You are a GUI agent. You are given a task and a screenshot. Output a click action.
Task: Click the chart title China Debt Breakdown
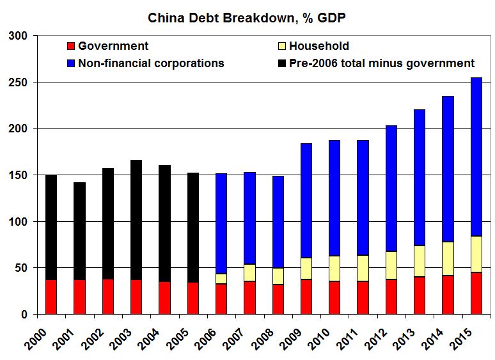(247, 17)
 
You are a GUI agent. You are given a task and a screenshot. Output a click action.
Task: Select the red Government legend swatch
(70, 46)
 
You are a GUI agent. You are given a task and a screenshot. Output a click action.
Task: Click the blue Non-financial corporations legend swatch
(70, 63)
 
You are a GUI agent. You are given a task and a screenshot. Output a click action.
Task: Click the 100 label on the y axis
(19, 222)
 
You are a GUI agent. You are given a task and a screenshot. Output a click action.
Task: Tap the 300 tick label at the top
(19, 36)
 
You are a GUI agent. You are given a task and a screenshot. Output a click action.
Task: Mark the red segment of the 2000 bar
(51, 297)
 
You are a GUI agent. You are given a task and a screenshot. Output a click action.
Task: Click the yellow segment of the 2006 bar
(221, 279)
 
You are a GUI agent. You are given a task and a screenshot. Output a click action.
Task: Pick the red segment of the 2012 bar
(391, 297)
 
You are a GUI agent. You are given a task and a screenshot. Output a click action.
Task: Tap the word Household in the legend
(318, 46)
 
